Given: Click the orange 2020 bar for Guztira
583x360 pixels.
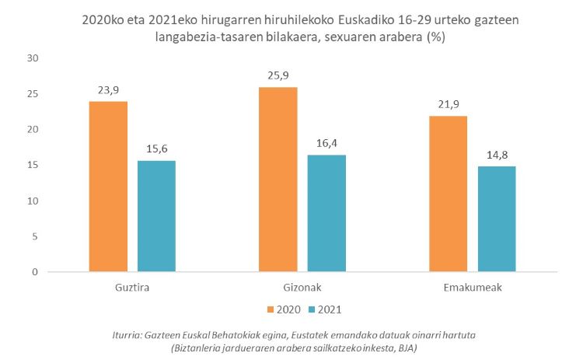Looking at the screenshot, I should pos(109,187).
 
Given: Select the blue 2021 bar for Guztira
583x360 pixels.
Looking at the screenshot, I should pos(156,216).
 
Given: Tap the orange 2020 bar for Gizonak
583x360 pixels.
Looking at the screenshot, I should pos(278,180).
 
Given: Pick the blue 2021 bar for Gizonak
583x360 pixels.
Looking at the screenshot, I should pos(326,213).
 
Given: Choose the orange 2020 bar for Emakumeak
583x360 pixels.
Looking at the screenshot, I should pos(449,194).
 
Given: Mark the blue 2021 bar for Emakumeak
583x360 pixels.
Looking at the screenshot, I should pos(496,218).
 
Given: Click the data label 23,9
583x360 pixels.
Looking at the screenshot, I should pos(109,90).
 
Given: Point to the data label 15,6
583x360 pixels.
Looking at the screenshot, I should pos(156,150).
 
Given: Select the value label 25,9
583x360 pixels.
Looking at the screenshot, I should pos(278,76).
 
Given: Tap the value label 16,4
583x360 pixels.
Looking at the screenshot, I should pos(326,144).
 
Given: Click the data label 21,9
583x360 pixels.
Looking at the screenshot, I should pos(449,105).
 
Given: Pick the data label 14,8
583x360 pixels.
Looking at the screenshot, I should pos(496,156).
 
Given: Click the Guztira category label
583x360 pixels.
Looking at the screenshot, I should pos(131,287).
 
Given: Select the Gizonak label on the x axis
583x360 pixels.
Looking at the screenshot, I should pos(302,287).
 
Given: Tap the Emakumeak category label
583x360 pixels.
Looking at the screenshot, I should pos(472,287).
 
